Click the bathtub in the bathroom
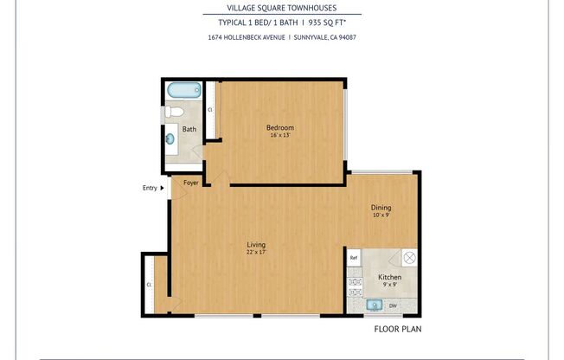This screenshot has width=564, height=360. point(183,90)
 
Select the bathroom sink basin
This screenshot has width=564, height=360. point(170,137)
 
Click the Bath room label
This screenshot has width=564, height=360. point(189,129)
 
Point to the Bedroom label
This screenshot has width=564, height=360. point(279,127)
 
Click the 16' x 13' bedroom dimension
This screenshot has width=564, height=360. point(279,136)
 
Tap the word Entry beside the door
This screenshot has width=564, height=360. point(151,188)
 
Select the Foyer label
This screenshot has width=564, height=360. point(190,183)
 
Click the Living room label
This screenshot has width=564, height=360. point(255,244)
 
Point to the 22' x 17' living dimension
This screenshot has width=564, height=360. point(255,253)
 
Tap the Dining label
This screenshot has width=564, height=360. point(381,207)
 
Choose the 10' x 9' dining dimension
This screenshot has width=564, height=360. point(381,215)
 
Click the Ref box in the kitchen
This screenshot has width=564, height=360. point(353,258)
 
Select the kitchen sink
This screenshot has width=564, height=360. point(375,305)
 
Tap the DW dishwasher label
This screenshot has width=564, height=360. point(394,305)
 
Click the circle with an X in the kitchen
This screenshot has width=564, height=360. point(410,257)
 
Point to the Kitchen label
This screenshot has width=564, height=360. point(390,277)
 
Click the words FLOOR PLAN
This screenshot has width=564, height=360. point(397,329)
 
